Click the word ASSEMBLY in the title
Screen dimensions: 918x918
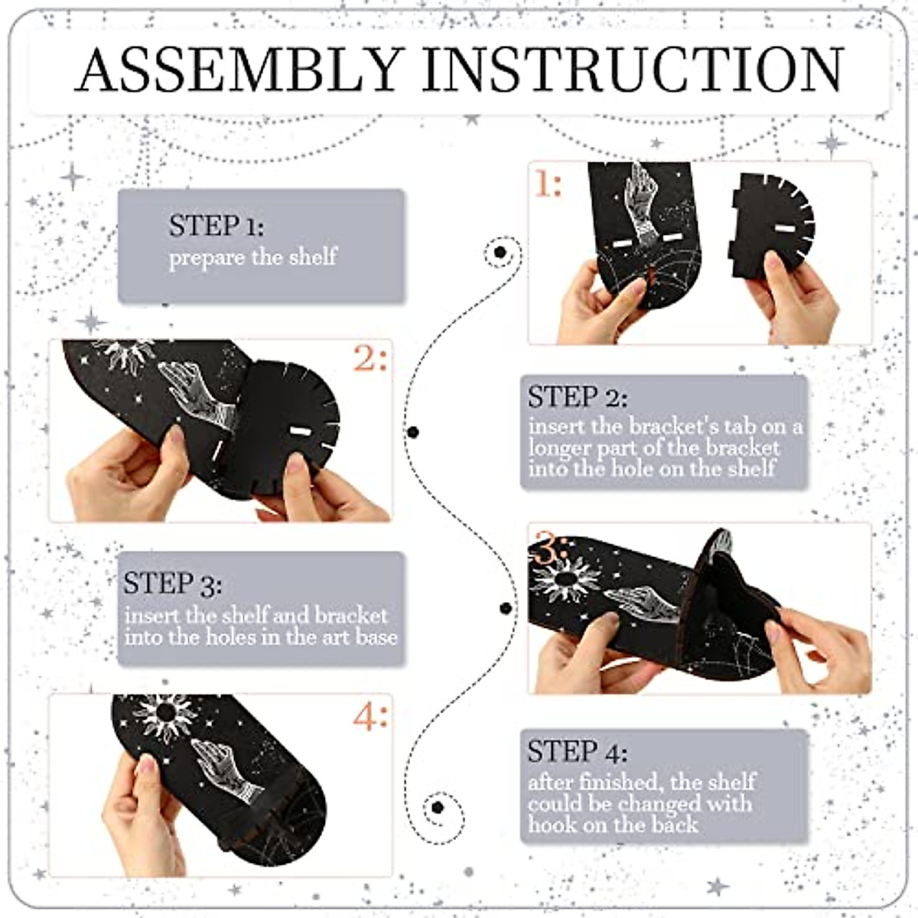239,70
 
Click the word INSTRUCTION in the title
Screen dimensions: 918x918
633,70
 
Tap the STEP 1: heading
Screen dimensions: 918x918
216,226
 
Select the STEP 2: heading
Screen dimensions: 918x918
578,398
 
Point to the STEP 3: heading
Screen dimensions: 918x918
173,584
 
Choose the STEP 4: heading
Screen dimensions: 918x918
578,753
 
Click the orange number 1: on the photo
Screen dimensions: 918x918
548,184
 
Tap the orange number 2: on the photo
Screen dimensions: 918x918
370,358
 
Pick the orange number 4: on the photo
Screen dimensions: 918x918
370,717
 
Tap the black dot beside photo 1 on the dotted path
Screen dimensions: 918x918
500,252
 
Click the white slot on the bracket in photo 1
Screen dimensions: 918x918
782,229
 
